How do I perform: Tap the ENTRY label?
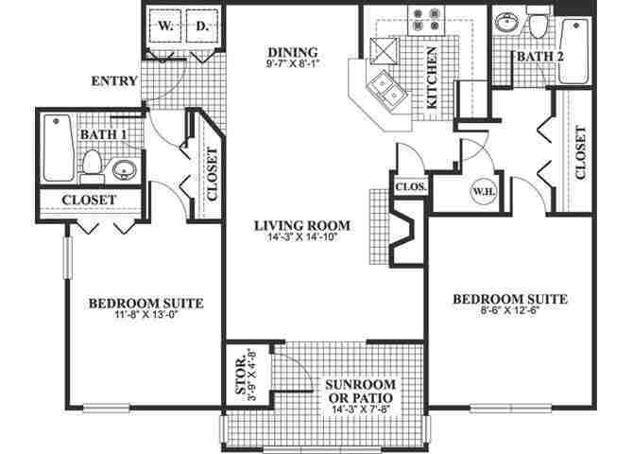[x=114, y=82]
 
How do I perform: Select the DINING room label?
[x=294, y=52]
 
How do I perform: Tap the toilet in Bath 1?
[x=92, y=166]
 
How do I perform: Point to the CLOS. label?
[x=411, y=186]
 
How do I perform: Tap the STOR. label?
[x=240, y=375]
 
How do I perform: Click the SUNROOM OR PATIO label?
[x=353, y=392]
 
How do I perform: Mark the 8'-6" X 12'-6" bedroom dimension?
[x=509, y=312]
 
